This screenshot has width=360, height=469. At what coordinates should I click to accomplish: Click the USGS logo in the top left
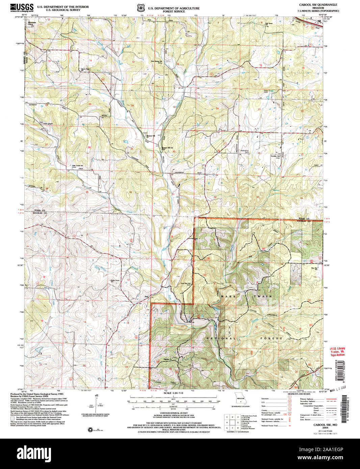pos(22,7)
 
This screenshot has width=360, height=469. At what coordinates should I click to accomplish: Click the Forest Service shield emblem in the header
pos(139,7)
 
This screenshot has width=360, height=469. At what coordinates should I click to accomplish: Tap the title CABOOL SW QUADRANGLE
pos(318,5)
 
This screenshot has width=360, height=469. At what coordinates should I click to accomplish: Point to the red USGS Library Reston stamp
pos(337,352)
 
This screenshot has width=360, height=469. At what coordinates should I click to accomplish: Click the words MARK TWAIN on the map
pos(246,296)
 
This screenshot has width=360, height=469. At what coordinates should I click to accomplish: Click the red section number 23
pos(90,104)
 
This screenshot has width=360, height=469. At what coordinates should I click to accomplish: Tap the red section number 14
pos(90,60)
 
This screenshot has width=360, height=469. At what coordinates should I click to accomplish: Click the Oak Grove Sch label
pos(268,24)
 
